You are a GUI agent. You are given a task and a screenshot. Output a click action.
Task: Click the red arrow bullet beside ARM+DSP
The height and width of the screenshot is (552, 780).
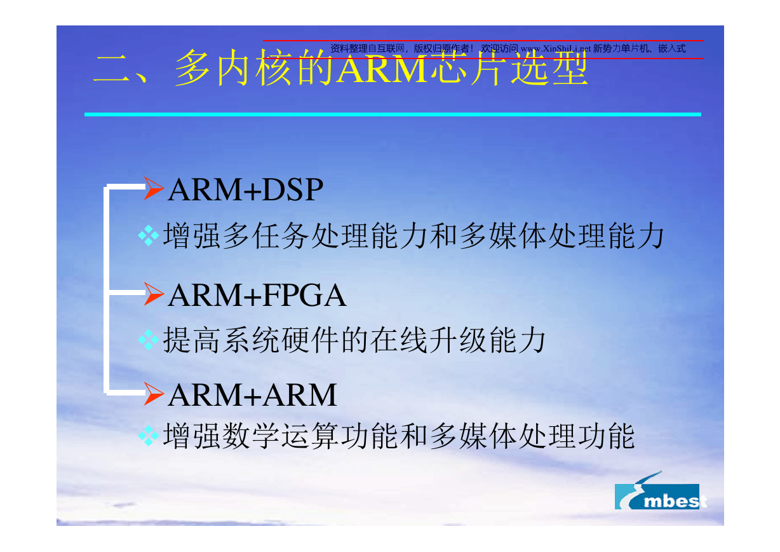(x=153, y=188)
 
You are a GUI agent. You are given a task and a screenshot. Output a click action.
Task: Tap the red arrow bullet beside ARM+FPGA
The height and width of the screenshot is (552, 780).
(x=153, y=294)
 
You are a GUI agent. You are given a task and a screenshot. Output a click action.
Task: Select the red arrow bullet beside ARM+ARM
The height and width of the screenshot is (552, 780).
(x=153, y=394)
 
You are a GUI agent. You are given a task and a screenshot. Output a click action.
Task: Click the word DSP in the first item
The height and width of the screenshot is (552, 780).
(x=293, y=190)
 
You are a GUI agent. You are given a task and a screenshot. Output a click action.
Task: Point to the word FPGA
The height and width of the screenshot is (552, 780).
(x=305, y=295)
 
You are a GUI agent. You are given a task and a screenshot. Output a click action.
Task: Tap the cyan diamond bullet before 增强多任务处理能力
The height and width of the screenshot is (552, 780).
(x=149, y=235)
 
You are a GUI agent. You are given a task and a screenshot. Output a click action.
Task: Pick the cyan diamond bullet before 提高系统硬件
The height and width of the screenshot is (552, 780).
(x=149, y=340)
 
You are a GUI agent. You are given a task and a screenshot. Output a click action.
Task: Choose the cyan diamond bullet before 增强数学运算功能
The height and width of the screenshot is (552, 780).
(x=149, y=436)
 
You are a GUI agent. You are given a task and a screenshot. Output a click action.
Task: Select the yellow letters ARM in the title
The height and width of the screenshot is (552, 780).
(x=382, y=69)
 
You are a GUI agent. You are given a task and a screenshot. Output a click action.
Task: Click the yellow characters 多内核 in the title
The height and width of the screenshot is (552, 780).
(x=233, y=67)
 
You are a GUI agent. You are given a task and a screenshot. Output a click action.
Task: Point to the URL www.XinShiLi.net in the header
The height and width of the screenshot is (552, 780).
(x=556, y=49)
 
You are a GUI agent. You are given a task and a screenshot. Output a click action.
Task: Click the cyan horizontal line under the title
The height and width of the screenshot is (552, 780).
(x=393, y=114)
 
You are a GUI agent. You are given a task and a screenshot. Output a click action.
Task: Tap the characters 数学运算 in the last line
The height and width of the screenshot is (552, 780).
(x=281, y=436)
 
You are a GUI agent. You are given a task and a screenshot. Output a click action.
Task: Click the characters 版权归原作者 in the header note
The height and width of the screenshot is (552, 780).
(x=441, y=48)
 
